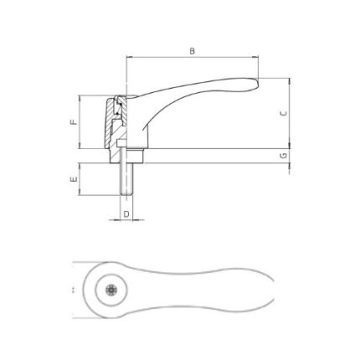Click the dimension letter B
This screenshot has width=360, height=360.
[192, 51]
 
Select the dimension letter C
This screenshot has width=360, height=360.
[284, 113]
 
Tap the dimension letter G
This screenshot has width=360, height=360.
[284, 156]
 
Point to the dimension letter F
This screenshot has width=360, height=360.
[73, 122]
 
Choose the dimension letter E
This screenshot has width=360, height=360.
[73, 179]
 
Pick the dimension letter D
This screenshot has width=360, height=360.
[126, 214]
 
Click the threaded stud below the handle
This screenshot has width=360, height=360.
[126, 178]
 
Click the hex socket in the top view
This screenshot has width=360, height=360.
[111, 291]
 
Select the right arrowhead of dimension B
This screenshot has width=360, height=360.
[255, 57]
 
